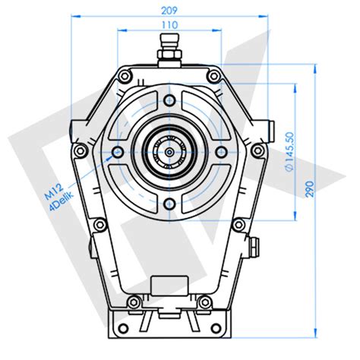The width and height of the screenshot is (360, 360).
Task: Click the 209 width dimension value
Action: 169,11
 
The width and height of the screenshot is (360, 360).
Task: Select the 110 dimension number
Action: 169,25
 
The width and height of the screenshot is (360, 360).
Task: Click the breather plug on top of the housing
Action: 169,55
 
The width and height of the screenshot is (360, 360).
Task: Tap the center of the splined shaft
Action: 168,151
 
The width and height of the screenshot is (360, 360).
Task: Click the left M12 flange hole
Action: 117,152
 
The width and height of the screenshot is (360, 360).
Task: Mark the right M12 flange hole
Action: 219,152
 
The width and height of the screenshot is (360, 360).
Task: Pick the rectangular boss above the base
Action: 168,285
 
